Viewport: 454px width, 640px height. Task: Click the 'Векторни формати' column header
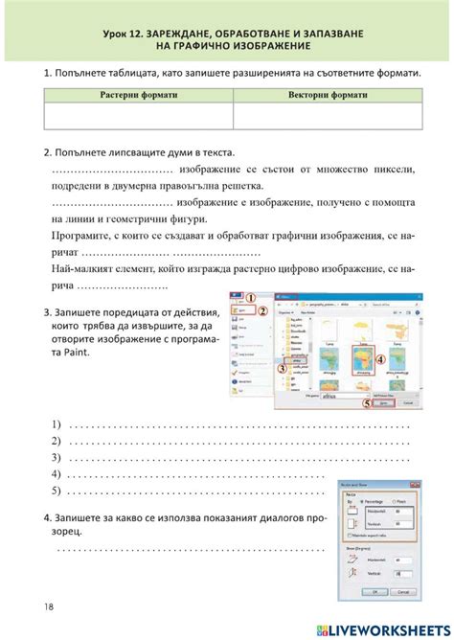click(326, 96)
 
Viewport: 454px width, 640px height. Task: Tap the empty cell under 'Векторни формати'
click(326, 116)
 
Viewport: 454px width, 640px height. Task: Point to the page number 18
click(49, 606)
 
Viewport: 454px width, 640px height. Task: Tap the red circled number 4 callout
click(379, 360)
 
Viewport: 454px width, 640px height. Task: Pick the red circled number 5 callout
click(365, 404)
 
